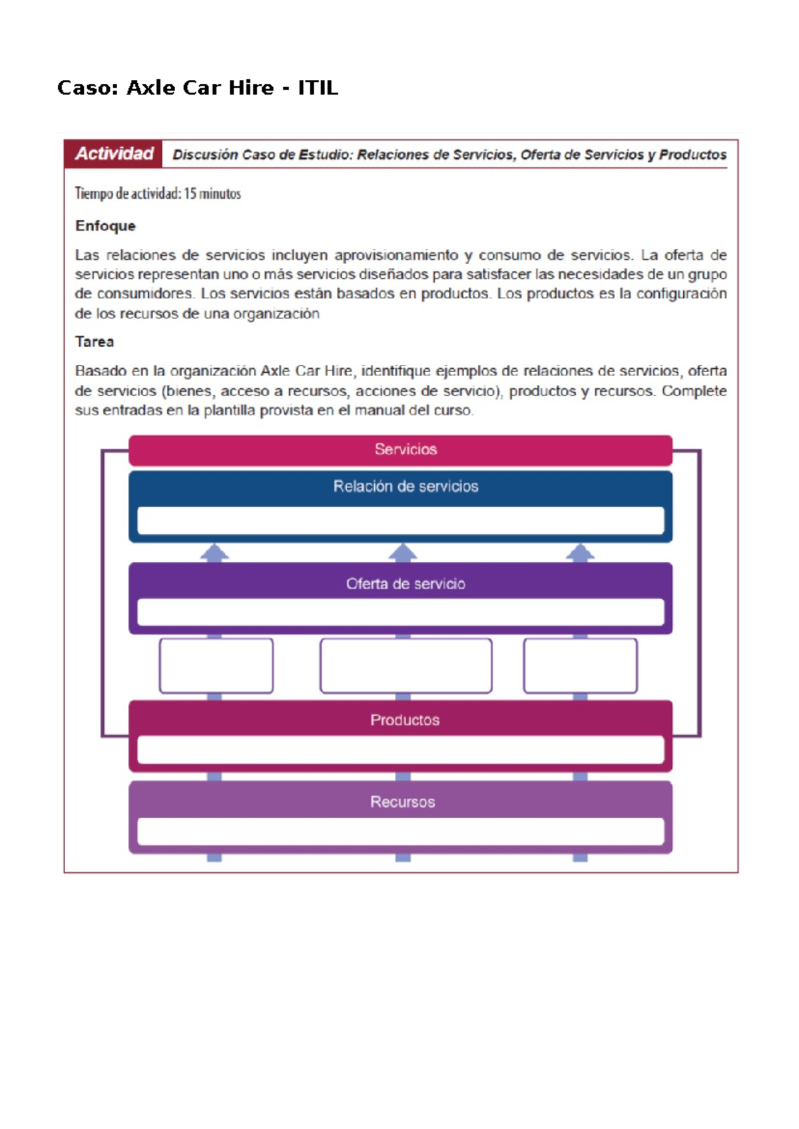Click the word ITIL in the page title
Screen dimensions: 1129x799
point(318,88)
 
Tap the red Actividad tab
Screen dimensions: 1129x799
point(114,154)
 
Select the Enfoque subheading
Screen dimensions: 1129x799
point(105,226)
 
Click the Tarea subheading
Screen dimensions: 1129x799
point(95,342)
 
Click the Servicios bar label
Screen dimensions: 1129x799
point(405,450)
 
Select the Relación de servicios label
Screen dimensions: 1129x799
point(405,487)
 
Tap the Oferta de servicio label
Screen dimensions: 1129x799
point(405,584)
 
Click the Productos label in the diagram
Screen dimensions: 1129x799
point(405,720)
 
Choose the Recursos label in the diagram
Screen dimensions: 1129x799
point(403,802)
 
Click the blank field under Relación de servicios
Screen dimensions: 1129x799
point(401,521)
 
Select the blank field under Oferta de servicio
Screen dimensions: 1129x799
point(401,612)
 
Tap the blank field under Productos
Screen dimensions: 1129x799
point(401,750)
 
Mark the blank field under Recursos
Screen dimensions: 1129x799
point(401,831)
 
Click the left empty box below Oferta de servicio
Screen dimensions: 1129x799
point(216,666)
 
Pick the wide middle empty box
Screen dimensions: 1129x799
point(406,666)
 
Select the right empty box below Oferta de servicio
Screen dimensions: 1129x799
point(581,666)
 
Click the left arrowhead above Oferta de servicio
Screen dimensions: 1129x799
point(214,553)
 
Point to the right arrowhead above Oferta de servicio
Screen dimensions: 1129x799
point(581,553)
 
